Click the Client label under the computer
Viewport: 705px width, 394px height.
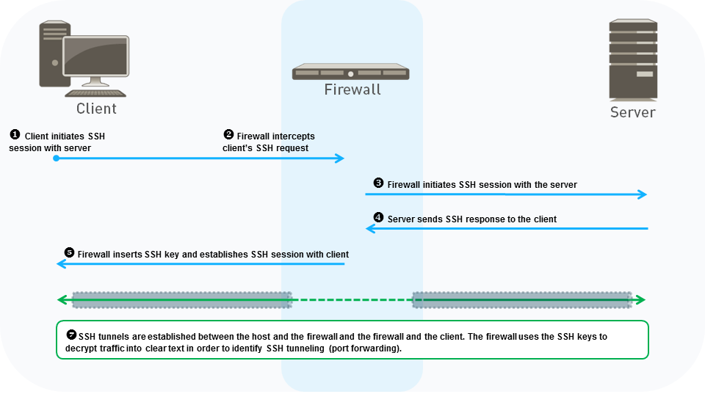[96, 109]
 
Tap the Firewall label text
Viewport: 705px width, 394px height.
[352, 90]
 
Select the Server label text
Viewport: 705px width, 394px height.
[632, 112]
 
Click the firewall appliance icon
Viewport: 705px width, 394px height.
[350, 73]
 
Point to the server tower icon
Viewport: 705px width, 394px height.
[632, 60]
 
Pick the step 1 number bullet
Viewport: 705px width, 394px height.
[14, 135]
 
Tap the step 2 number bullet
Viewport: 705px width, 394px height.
[228, 135]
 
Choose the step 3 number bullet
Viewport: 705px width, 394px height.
[378, 183]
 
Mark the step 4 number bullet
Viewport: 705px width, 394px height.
[378, 218]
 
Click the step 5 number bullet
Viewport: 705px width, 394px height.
[70, 253]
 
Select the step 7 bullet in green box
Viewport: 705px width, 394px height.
[70, 335]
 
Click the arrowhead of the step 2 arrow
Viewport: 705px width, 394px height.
[340, 158]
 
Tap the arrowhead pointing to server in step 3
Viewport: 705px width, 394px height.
[643, 194]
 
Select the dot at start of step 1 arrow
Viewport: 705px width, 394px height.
[56, 158]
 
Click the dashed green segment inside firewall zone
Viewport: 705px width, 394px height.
[352, 299]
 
